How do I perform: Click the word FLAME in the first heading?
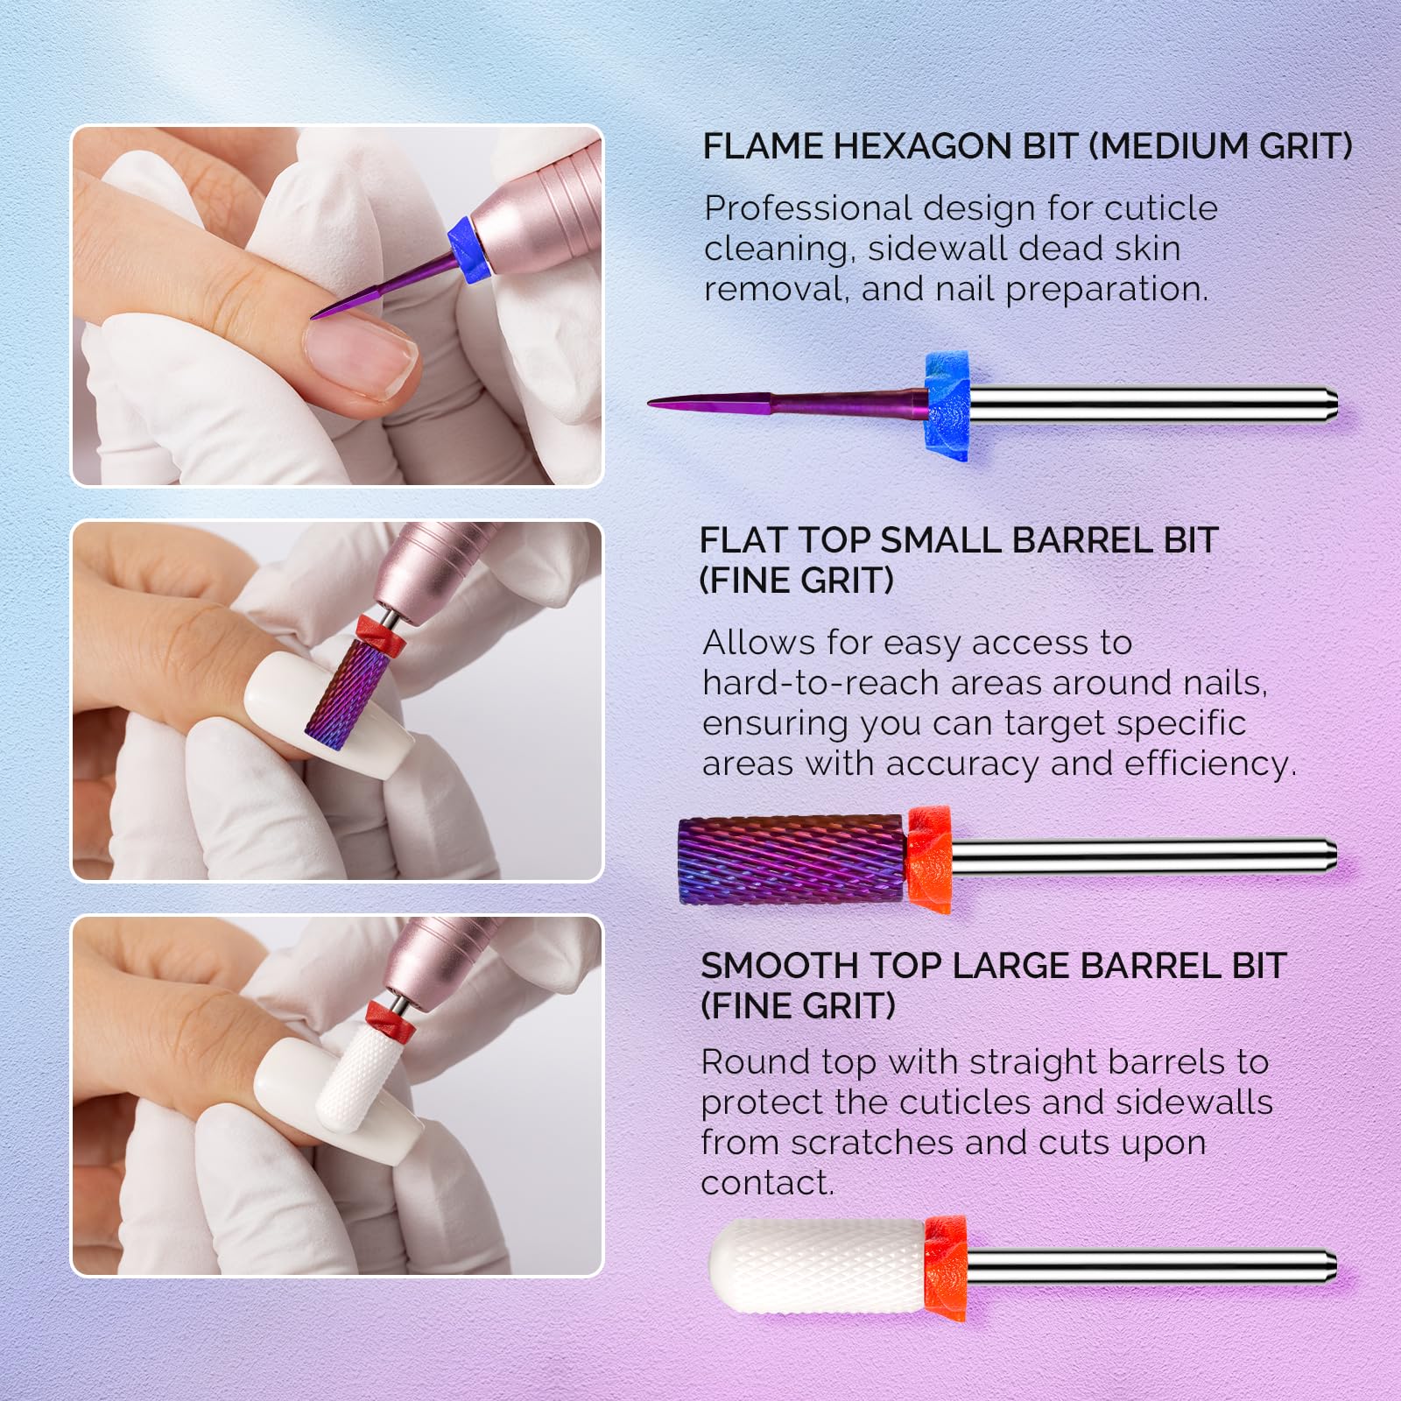click(x=764, y=146)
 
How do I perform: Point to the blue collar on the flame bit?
click(x=947, y=405)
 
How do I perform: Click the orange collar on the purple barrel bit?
click(x=929, y=860)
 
